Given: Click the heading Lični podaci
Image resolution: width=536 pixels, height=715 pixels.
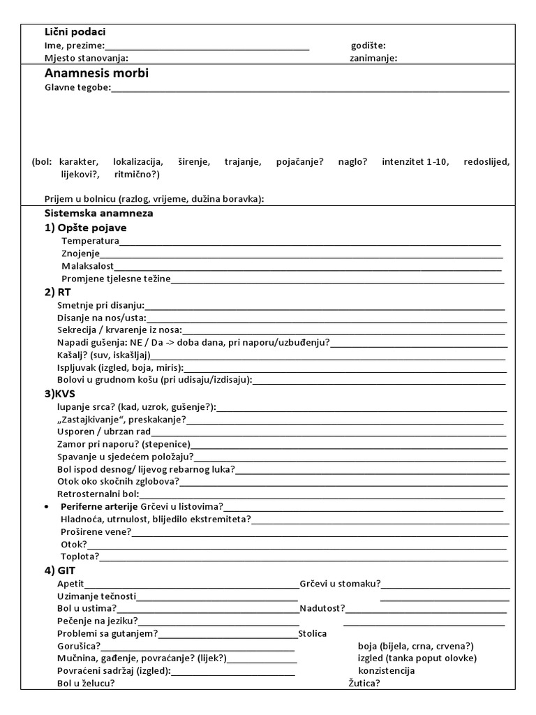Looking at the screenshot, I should pyautogui.click(x=75, y=32).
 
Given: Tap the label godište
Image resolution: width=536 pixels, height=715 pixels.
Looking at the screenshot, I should pyautogui.click(x=368, y=45).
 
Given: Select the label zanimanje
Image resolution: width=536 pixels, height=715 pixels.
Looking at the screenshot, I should pyautogui.click(x=373, y=58).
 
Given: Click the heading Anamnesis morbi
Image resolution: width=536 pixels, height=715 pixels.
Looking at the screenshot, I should pyautogui.click(x=96, y=73).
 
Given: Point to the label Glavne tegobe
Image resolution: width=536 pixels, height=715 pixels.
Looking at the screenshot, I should pyautogui.click(x=77, y=88).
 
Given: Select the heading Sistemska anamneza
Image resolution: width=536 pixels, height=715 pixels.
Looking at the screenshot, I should pyautogui.click(x=98, y=213).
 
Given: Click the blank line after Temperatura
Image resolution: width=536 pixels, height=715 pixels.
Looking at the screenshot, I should pyautogui.click(x=310, y=242).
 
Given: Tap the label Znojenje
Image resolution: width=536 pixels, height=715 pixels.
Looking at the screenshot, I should pyautogui.click(x=80, y=253).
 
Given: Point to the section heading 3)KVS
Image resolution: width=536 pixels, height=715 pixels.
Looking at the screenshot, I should pyautogui.click(x=60, y=394).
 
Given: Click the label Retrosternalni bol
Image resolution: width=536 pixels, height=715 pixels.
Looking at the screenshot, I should pyautogui.click(x=98, y=494).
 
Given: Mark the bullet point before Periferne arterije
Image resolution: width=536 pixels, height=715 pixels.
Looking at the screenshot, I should pyautogui.click(x=45, y=506).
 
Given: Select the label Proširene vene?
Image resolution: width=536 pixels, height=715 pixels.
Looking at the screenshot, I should pyautogui.click(x=96, y=531).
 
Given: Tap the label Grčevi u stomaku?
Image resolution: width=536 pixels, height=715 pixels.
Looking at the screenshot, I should pyautogui.click(x=340, y=583).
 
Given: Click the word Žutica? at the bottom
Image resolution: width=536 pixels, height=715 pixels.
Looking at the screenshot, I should pyautogui.click(x=364, y=683).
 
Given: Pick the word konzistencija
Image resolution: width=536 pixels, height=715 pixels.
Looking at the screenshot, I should pyautogui.click(x=386, y=670).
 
